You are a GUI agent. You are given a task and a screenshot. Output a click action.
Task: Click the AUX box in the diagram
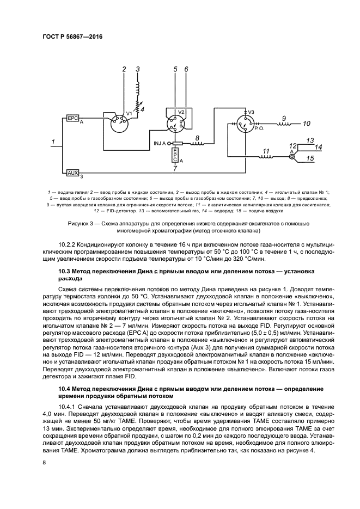pyautogui.click(x=72, y=173)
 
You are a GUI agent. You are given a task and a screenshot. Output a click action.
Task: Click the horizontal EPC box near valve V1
pyautogui.click(x=72, y=118)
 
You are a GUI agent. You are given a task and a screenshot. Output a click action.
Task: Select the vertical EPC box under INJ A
pyautogui.click(x=174, y=155)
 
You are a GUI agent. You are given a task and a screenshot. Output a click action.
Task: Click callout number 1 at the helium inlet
pyautogui.click(x=52, y=142)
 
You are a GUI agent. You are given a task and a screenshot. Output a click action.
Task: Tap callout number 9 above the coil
pyautogui.click(x=283, y=118)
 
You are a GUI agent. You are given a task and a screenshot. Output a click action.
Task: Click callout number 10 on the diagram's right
pyautogui.click(x=307, y=124)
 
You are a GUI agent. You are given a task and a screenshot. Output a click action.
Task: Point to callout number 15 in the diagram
pyautogui.click(x=309, y=158)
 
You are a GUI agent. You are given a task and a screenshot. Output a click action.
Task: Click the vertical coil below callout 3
pyautogui.click(x=138, y=89)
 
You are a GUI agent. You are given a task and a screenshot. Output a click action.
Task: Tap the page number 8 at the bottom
pyautogui.click(x=45, y=463)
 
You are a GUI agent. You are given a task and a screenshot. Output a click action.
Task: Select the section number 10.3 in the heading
pyautogui.click(x=65, y=271)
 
